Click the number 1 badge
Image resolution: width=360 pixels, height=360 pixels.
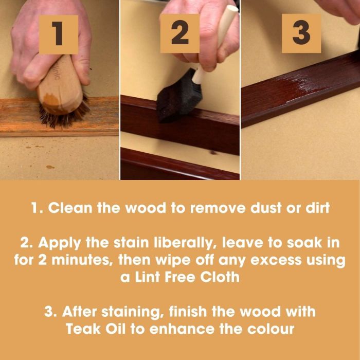click(59, 34)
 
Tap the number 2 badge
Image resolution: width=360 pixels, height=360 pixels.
click(180, 33)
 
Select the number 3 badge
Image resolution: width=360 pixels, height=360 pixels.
click(301, 33)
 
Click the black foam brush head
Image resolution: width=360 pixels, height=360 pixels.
click(179, 97)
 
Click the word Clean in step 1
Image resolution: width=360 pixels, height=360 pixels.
click(70, 208)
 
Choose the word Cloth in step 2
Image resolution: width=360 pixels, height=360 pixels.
click(220, 277)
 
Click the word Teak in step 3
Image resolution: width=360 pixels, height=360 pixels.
click(83, 329)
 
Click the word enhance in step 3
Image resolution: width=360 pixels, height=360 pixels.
click(182, 329)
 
